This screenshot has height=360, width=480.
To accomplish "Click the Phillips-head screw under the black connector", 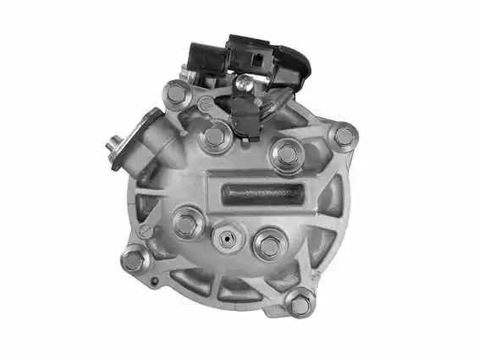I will point(244,82).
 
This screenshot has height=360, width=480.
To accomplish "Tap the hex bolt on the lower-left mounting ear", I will point(135,258).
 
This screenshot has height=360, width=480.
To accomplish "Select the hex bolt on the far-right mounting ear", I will point(344,136).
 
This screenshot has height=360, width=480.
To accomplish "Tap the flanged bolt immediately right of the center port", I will point(269,246).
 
